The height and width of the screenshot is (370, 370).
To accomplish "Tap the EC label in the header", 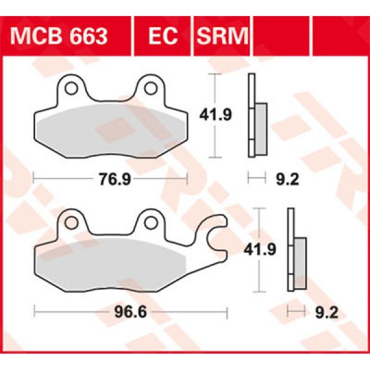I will (163, 36).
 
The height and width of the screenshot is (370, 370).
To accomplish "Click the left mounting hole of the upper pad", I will (72, 89).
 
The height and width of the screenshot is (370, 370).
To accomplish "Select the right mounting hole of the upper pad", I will (150, 89).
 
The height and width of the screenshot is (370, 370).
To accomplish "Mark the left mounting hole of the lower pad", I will (72, 223).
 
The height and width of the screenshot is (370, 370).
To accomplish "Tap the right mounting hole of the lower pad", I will (150, 223).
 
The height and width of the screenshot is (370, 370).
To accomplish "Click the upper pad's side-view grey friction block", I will (261, 128).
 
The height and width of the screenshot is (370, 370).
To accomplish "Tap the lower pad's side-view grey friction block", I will (300, 262).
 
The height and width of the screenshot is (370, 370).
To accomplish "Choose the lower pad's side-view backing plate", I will (290, 250).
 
